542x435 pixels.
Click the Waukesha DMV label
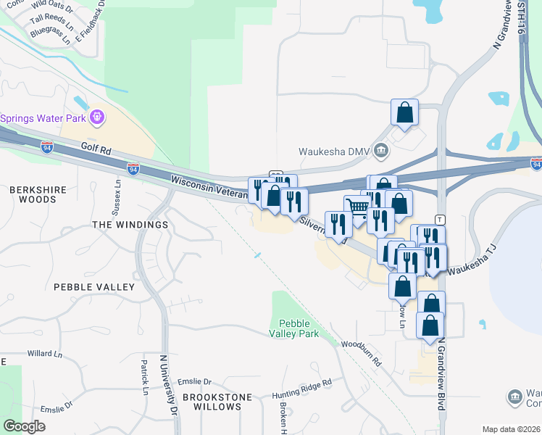pyautogui.click(x=334, y=152)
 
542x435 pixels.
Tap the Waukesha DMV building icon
pyautogui.click(x=382, y=151)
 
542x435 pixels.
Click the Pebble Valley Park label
pyautogui.click(x=294, y=328)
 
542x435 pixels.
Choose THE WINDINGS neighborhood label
pyautogui.click(x=130, y=225)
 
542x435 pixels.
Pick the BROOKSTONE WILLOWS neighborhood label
pyautogui.click(x=212, y=402)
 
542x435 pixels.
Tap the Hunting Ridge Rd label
pyautogui.click(x=301, y=388)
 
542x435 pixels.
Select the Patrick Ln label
pyautogui.click(x=145, y=378)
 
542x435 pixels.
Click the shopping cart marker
pyautogui.click(x=358, y=207)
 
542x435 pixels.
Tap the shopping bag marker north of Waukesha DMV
pyautogui.click(x=404, y=112)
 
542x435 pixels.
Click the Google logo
pyautogui.click(x=25, y=426)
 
